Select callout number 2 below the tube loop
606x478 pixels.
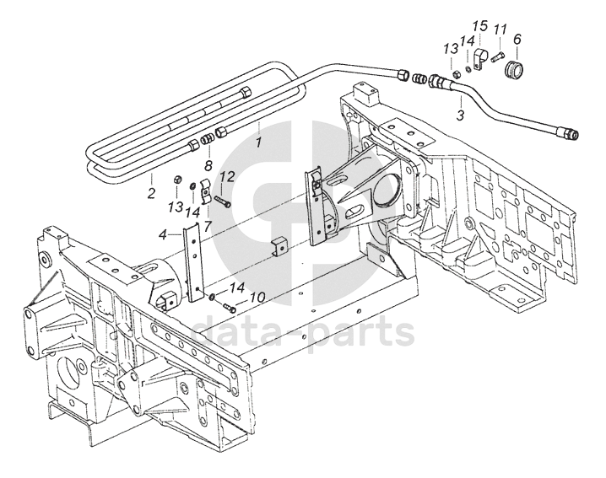point(151,193)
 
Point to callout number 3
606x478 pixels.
point(461,114)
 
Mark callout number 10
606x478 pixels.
point(257,297)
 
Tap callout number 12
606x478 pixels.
point(227,176)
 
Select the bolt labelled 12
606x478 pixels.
point(223,201)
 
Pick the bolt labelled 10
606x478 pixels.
point(229,305)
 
